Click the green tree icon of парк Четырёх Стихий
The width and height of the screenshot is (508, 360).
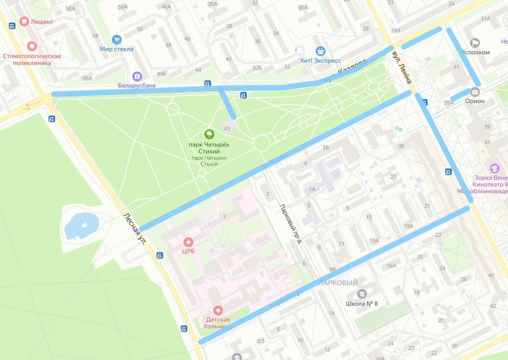209,134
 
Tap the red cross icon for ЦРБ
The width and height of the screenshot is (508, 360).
188,242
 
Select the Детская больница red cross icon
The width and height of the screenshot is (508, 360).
218,311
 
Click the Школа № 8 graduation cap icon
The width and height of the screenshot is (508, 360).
361,294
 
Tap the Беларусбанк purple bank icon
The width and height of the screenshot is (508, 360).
137,76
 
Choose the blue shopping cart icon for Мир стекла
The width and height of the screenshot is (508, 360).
116,40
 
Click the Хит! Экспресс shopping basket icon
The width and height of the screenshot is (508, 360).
321,51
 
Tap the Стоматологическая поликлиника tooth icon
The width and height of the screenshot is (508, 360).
31,46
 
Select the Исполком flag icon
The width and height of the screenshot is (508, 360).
475,43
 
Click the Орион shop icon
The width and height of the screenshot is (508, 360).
475,91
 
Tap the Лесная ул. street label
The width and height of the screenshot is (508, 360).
134,228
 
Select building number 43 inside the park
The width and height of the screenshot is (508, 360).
228,128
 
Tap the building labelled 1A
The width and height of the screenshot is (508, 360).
312,189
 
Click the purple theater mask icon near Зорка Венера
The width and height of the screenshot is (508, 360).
494,168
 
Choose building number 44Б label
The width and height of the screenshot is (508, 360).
161,73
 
